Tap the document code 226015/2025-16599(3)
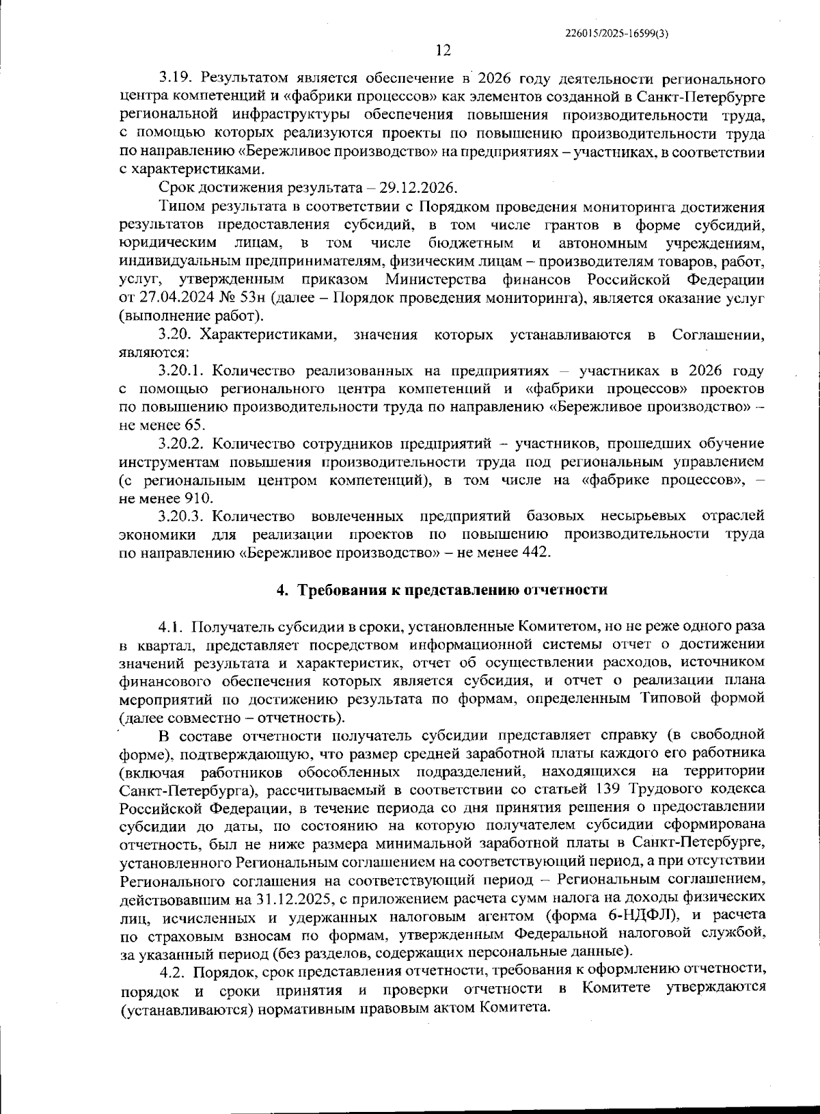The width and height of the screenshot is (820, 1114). pos(617,32)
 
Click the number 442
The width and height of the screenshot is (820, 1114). pos(534,553)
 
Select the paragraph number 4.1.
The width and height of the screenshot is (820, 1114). pos(172,626)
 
